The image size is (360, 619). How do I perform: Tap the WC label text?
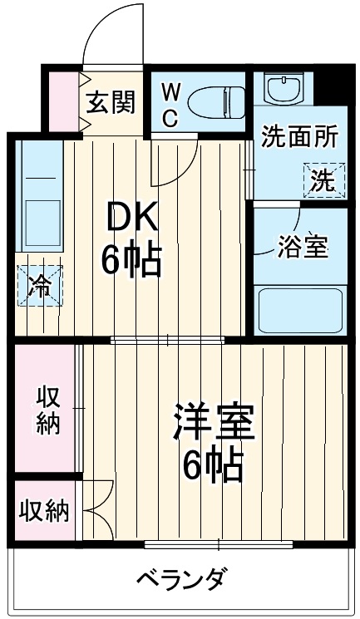[x=169, y=103]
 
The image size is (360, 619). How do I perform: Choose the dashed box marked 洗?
[x=320, y=179]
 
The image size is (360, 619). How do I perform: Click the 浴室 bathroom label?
[x=303, y=247]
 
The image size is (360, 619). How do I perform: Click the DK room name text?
[x=130, y=220]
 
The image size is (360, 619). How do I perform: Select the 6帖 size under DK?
[x=131, y=261]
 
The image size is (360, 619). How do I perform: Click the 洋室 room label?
[x=213, y=425]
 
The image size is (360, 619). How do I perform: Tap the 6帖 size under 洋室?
[x=213, y=466]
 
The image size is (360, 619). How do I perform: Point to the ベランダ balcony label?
[x=180, y=578]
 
